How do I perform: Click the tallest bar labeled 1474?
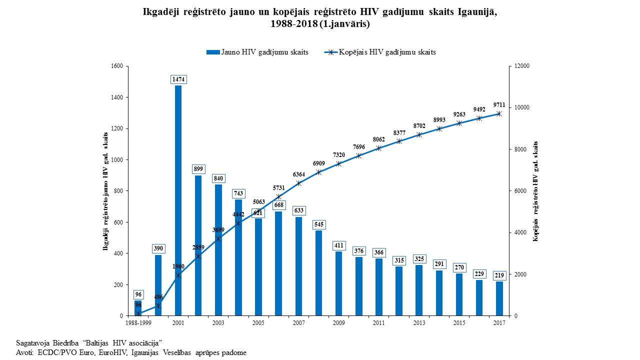(178, 200)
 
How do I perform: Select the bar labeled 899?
(198, 245)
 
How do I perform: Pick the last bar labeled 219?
(499, 298)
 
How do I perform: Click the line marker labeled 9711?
(499, 114)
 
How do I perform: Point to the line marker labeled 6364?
(298, 183)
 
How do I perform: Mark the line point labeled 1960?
(178, 275)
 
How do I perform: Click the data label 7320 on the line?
(338, 155)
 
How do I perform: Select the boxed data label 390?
(158, 248)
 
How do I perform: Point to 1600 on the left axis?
(117, 66)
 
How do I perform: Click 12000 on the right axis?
(522, 66)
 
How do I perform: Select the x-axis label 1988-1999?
(138, 323)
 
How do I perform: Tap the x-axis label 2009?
(338, 323)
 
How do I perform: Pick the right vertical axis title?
(535, 191)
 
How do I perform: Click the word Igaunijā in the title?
(477, 11)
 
